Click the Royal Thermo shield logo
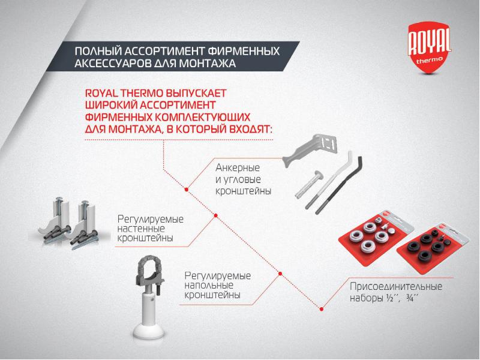click(x=430, y=47)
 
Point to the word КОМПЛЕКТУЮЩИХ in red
click(x=202, y=117)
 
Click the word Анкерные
click(x=238, y=168)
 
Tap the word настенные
click(x=141, y=229)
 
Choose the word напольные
click(x=209, y=286)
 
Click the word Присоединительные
click(x=396, y=287)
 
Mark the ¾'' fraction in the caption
click(x=412, y=298)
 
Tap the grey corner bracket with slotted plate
click(x=309, y=149)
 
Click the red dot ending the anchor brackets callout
click(x=187, y=190)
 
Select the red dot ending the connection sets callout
click(x=321, y=309)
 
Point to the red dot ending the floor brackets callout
click(x=280, y=274)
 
